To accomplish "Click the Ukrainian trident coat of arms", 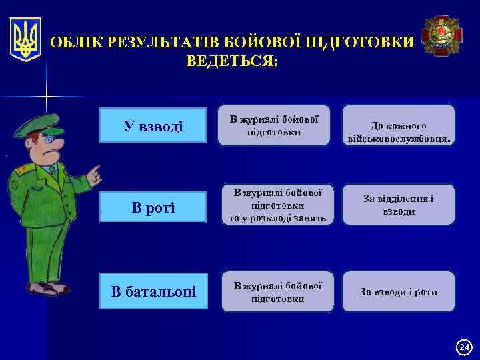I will click(x=26, y=39).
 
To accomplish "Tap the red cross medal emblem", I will click(x=440, y=36).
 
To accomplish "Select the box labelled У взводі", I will click(x=153, y=126).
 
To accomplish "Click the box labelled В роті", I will click(x=153, y=208).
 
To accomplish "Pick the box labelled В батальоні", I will click(x=153, y=291).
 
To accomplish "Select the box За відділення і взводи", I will click(x=399, y=205).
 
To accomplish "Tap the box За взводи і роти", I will click(x=399, y=291).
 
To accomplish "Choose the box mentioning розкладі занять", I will click(x=273, y=205).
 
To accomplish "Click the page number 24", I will click(x=464, y=347).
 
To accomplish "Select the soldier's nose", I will click(x=58, y=142).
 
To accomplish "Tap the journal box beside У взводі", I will click(x=273, y=125).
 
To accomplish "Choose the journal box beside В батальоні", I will click(x=273, y=291).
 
